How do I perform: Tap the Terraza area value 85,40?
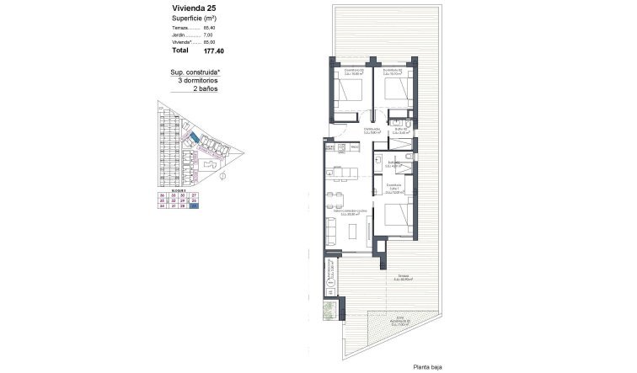(x=210, y=28)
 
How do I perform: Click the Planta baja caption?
(x=429, y=366)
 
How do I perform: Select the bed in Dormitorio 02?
(x=397, y=90)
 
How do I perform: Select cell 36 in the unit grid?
(x=163, y=195)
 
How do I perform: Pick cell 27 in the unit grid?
(x=195, y=195)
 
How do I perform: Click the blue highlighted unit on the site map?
(x=195, y=136)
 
